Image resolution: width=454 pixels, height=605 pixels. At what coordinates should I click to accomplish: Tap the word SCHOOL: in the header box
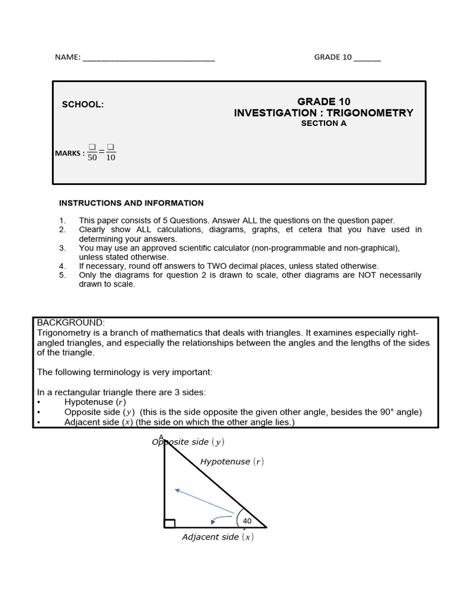(x=83, y=105)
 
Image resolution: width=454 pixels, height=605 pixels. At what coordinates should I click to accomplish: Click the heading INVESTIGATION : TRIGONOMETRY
(x=323, y=113)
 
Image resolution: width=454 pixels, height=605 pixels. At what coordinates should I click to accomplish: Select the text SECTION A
(x=323, y=123)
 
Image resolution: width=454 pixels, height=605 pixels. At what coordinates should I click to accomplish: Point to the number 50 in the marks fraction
(x=92, y=158)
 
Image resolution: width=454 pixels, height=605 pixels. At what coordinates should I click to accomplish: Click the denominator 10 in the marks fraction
(x=111, y=158)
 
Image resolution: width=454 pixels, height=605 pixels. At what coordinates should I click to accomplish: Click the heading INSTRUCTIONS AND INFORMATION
(x=131, y=203)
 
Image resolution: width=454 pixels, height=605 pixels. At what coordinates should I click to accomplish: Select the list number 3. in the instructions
(x=62, y=248)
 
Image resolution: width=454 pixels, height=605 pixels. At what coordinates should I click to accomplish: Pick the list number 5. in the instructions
(x=62, y=275)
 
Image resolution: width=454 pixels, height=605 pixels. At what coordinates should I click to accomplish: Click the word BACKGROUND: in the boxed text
(x=71, y=323)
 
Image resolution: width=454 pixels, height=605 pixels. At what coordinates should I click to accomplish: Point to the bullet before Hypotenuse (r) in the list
(x=39, y=402)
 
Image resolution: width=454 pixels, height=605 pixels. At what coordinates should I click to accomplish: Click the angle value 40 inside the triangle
(x=247, y=521)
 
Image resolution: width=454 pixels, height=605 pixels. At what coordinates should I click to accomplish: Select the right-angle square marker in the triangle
(x=170, y=523)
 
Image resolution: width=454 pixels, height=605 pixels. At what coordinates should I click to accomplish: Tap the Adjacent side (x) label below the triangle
(x=218, y=537)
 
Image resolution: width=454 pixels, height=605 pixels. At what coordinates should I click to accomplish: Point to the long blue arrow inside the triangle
(x=204, y=501)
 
